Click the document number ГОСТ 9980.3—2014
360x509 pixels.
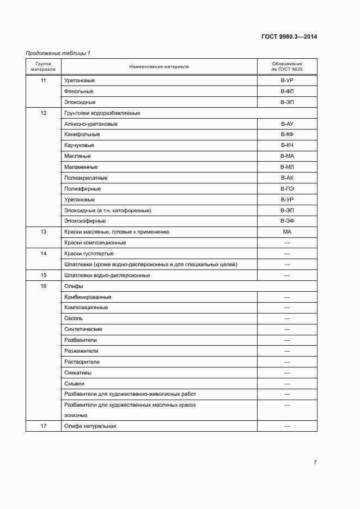click(289, 37)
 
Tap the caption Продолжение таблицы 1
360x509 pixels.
click(58, 53)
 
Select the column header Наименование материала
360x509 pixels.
click(159, 66)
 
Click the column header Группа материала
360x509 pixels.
click(43, 66)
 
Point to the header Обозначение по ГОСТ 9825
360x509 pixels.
click(286, 66)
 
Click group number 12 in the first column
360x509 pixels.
click(44, 113)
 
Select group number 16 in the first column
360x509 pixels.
click(44, 286)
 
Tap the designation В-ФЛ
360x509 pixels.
click(287, 91)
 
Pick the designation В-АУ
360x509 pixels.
click(287, 124)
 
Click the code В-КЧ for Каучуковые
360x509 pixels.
click(287, 145)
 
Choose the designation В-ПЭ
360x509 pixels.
click(287, 189)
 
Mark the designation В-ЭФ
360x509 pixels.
click(287, 221)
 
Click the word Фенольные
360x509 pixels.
click(78, 91)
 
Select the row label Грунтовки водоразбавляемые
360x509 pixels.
click(102, 113)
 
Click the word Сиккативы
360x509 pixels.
click(78, 372)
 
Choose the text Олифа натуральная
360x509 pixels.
click(90, 426)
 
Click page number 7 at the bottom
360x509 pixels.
click(315, 463)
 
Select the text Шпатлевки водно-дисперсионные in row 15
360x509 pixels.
click(107, 275)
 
